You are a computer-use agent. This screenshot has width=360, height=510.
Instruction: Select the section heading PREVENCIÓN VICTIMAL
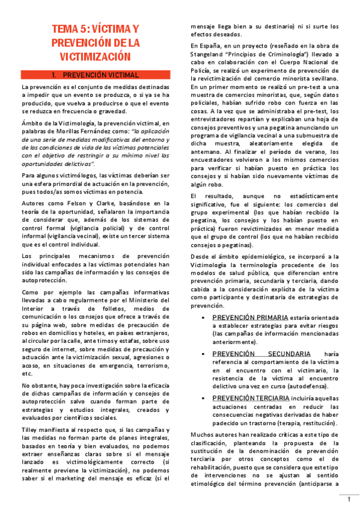[101, 75]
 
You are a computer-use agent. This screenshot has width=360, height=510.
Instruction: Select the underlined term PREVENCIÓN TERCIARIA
[251, 398]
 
